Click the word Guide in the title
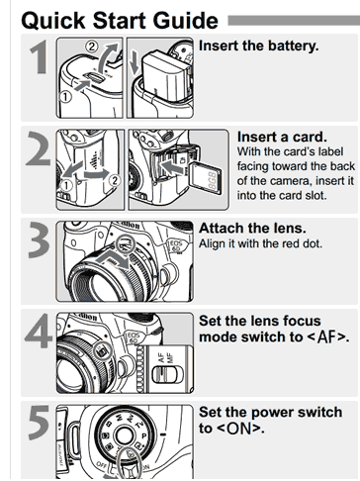click(x=185, y=21)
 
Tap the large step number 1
click(x=40, y=56)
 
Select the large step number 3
click(x=40, y=240)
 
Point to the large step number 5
click(x=39, y=423)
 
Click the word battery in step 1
click(x=293, y=46)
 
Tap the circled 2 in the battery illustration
click(x=92, y=47)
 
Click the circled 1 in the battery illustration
click(x=65, y=97)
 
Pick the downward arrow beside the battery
click(x=135, y=62)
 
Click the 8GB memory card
click(x=207, y=179)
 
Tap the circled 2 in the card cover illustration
click(x=115, y=180)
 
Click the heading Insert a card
click(x=282, y=137)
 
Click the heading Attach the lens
click(x=252, y=229)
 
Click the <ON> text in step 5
click(x=239, y=429)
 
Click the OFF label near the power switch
click(x=101, y=463)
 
